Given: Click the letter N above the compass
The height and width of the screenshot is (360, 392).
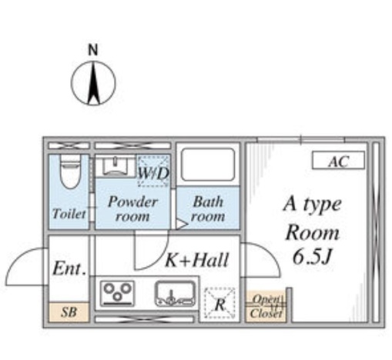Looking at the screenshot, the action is click(x=93, y=50).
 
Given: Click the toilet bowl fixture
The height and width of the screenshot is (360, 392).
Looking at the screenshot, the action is click(x=70, y=172).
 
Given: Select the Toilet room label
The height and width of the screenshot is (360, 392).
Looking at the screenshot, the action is click(x=69, y=214).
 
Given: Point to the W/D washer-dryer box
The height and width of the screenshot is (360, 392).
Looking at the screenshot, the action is click(x=153, y=171).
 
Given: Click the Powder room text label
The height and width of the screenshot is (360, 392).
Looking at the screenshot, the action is click(x=132, y=208).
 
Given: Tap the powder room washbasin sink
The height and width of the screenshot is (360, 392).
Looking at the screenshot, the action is click(x=116, y=166).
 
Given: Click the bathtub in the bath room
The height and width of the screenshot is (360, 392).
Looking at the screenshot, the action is click(x=208, y=165).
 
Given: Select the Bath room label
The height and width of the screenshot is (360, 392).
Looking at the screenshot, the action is click(x=208, y=208).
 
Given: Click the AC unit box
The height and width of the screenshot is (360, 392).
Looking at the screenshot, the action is click(x=338, y=161).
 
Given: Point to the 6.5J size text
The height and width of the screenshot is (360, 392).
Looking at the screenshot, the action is click(x=312, y=257).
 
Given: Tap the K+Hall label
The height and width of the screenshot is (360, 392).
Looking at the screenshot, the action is click(x=197, y=260).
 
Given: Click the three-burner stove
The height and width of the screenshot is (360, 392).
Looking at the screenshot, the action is click(x=117, y=294).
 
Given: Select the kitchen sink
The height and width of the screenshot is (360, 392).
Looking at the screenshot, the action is click(x=176, y=294).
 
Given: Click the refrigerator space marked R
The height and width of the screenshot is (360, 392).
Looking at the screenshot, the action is click(x=219, y=303).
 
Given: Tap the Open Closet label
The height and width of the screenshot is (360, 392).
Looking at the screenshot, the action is click(x=266, y=306).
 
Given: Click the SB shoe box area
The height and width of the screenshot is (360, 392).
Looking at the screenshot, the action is click(x=69, y=312).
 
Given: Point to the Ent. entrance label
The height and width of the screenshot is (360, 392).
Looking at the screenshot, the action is click(x=69, y=268).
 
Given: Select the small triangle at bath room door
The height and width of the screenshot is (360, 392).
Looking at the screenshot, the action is click(x=182, y=224).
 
